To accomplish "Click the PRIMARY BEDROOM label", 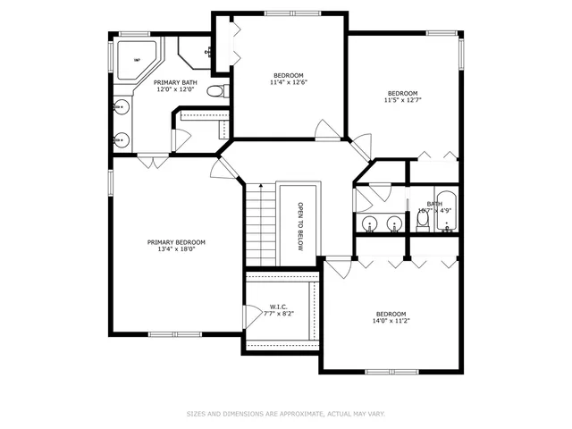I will click(x=176, y=242).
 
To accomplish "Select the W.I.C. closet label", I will click(x=277, y=307).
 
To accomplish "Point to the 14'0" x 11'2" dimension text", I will click(x=391, y=322).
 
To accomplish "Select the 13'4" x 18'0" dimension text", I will click(x=176, y=250).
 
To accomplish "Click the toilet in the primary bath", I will click(x=215, y=91).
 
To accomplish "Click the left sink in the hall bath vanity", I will click(x=370, y=223).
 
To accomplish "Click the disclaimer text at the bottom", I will click(x=285, y=414).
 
